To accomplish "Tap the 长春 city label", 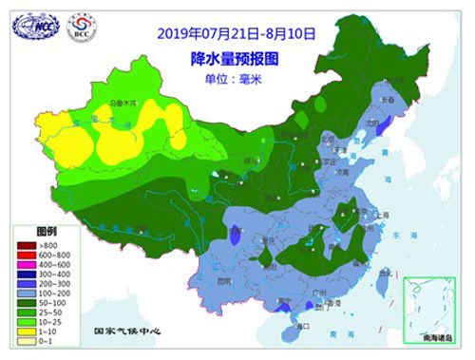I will click(389, 98).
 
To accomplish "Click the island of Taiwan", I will click(385, 277).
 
